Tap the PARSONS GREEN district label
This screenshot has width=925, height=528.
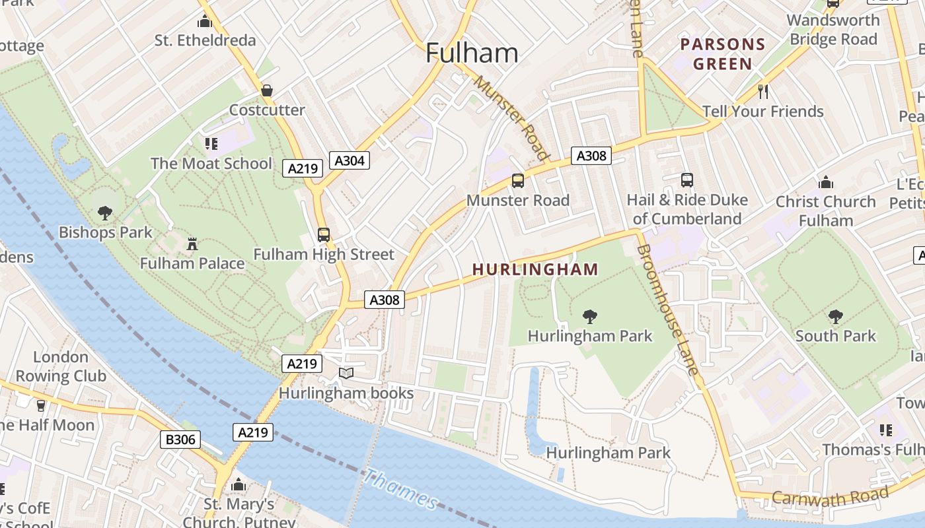tap(723, 54)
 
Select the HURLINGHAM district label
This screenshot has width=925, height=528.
tap(535, 269)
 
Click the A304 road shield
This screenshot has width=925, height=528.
tap(349, 160)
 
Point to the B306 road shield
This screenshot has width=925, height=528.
tap(180, 440)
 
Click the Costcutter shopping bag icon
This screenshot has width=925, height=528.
tap(267, 90)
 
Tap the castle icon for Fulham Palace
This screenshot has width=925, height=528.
tap(192, 244)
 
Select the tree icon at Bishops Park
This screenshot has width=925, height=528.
tap(104, 213)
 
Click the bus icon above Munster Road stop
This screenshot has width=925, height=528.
tap(518, 180)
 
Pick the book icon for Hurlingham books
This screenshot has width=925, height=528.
tap(346, 374)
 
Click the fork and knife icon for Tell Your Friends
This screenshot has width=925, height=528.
tap(763, 90)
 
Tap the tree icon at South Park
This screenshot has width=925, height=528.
tap(835, 316)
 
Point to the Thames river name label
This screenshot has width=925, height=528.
tap(400, 489)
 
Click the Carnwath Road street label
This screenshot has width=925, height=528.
tap(830, 496)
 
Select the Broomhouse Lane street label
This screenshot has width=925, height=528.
tap(667, 309)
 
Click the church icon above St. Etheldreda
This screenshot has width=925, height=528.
tap(205, 21)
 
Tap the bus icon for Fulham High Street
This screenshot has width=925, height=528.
tap(324, 234)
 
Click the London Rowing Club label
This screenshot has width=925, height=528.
tap(61, 366)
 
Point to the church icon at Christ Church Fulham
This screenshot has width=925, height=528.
tap(825, 182)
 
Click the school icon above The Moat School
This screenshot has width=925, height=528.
tap(211, 143)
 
